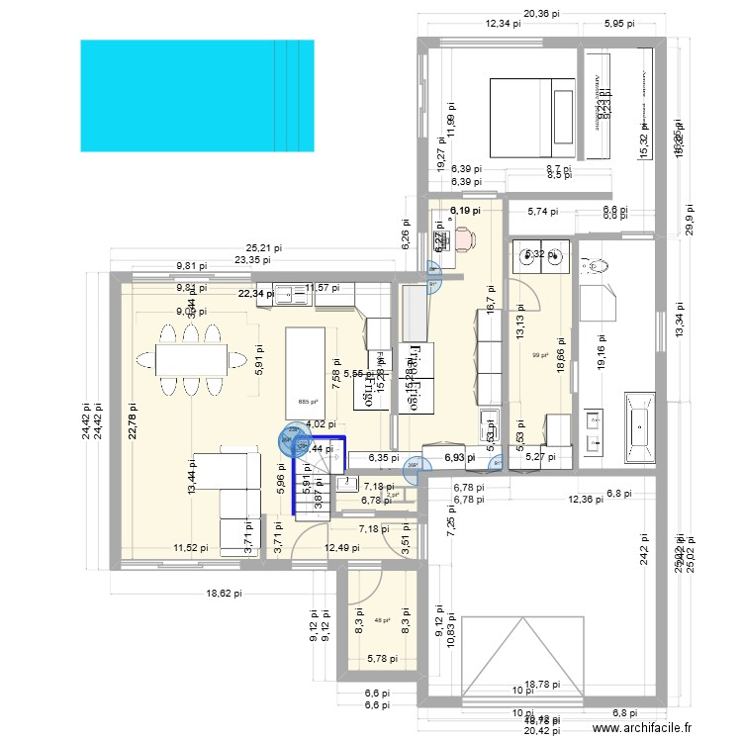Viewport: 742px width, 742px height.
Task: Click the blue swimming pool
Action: click(197, 95)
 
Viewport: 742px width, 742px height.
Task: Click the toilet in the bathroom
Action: click(598, 266)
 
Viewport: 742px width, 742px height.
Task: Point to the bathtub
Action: click(638, 428)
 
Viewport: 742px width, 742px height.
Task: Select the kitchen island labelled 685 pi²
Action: click(308, 370)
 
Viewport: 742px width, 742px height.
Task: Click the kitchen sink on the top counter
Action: click(293, 293)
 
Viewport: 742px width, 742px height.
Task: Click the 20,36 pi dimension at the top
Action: click(542, 14)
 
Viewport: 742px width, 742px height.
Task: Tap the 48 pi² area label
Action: click(382, 621)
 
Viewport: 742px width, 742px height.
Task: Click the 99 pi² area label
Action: click(540, 356)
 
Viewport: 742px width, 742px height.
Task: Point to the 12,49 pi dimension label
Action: click(342, 548)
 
